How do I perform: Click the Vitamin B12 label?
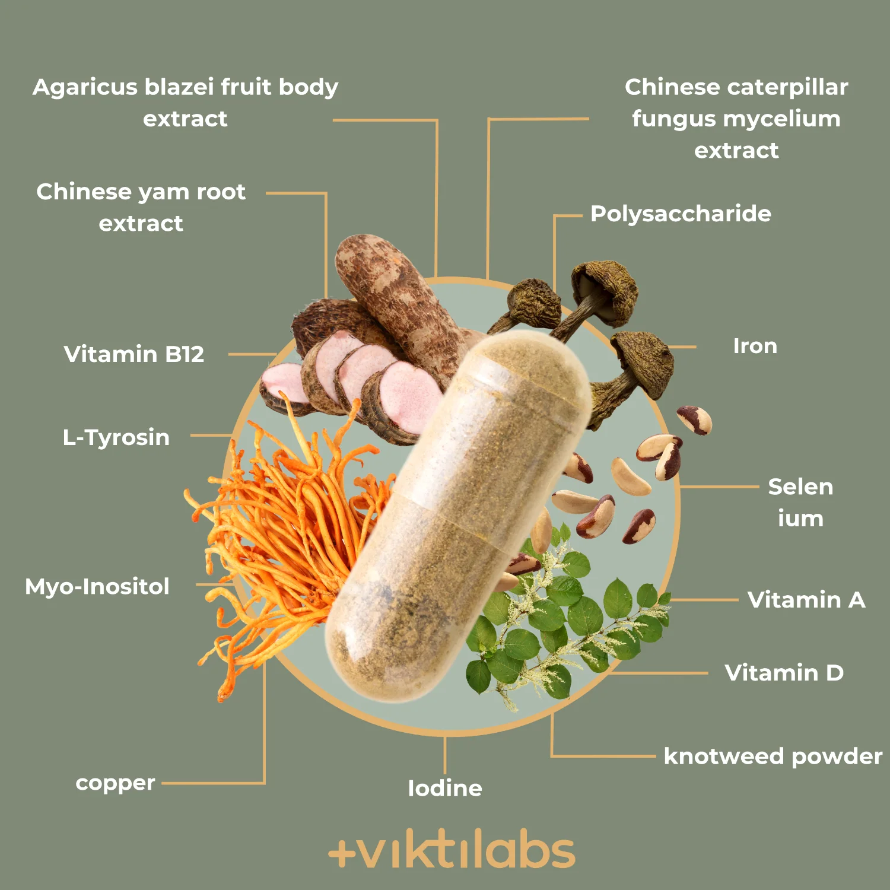(x=134, y=354)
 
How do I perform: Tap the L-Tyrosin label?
(x=116, y=438)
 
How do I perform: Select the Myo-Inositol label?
(x=97, y=587)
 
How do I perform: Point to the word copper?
(x=115, y=784)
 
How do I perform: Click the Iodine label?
(x=445, y=789)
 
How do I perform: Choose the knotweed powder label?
(x=773, y=757)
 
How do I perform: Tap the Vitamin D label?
(x=784, y=673)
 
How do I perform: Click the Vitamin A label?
(x=806, y=600)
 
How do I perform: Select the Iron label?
(x=755, y=346)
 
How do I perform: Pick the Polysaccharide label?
(x=681, y=214)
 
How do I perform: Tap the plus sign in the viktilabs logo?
(x=342, y=853)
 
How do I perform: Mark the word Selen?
(x=800, y=487)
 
